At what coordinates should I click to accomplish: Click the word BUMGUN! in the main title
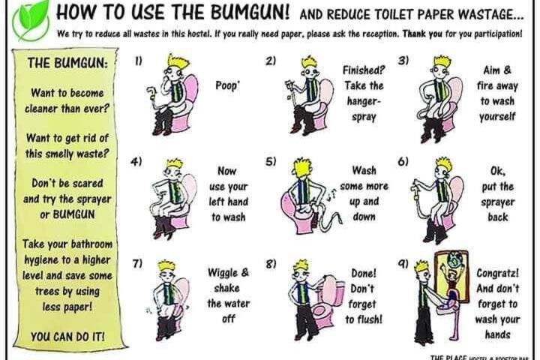250,12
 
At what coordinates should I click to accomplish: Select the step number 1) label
138,61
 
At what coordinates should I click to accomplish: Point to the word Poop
226,85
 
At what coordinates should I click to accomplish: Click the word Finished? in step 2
363,70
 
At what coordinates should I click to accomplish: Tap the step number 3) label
403,61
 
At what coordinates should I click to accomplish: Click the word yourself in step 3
497,116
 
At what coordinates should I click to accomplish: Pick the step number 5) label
271,161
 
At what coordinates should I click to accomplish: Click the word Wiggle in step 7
223,272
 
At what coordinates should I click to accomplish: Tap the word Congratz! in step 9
498,273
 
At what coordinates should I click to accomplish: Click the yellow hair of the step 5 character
301,167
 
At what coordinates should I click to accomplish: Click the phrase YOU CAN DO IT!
67,337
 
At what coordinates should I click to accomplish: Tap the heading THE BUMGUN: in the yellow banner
67,63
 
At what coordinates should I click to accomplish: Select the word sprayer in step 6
498,202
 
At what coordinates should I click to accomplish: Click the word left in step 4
217,202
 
